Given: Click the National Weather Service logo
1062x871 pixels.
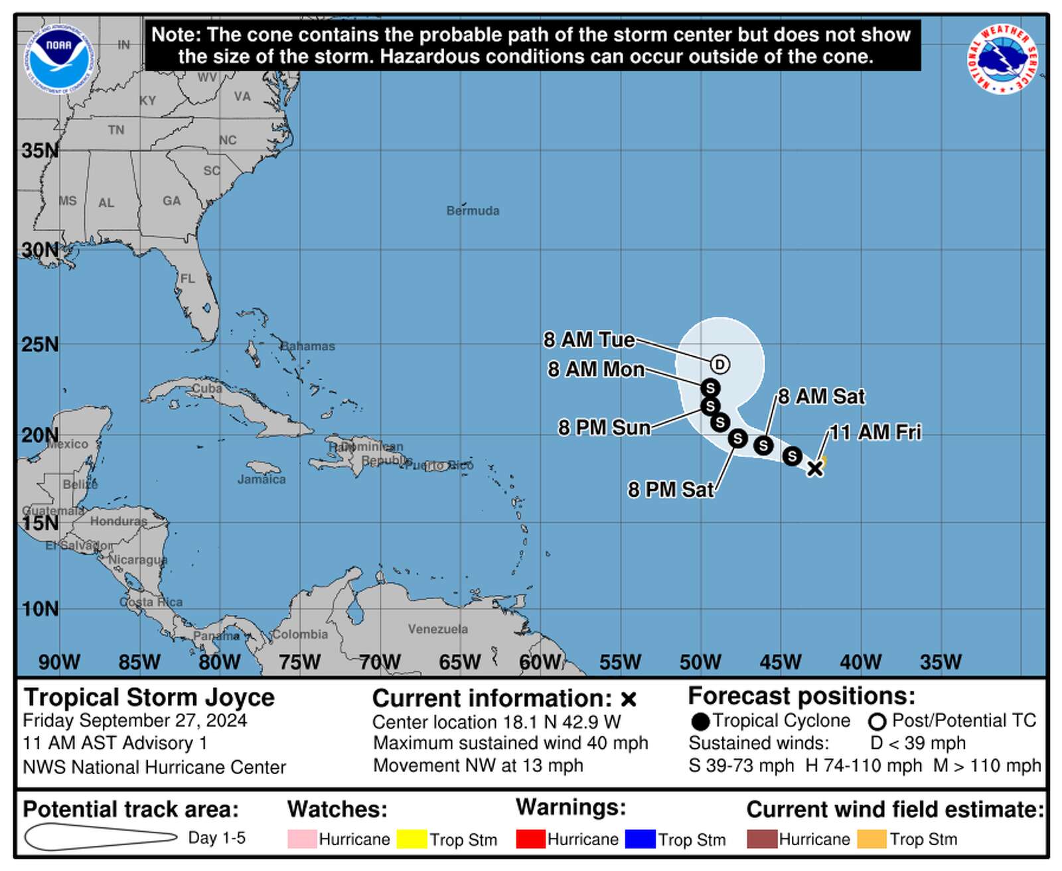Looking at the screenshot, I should click(1003, 58).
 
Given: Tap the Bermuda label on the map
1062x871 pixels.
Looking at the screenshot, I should click(473, 211).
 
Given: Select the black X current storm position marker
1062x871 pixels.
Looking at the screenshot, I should click(815, 468).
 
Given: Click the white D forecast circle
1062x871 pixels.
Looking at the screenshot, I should click(720, 364).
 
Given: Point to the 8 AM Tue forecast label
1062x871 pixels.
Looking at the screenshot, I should click(589, 340).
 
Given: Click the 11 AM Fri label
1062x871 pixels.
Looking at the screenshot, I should click(875, 433).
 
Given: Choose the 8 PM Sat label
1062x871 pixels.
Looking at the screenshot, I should click(670, 490).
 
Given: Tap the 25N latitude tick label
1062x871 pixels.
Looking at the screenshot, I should click(40, 345).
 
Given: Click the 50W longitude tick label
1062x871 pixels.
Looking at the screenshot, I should click(700, 662).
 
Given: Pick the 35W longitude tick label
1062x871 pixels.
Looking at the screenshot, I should click(941, 662).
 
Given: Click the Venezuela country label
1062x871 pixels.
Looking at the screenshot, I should click(437, 629).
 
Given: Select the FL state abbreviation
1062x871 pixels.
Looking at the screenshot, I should click(188, 279).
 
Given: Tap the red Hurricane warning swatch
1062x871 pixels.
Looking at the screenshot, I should click(530, 839).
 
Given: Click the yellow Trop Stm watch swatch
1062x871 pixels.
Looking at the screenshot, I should click(412, 839).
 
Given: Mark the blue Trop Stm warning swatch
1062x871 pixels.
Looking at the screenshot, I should click(640, 839).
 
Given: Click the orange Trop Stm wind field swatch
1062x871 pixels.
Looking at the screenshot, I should click(872, 839).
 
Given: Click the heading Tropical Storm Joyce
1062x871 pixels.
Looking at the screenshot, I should click(149, 698).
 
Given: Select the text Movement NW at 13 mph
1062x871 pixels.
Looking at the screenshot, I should click(478, 766).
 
